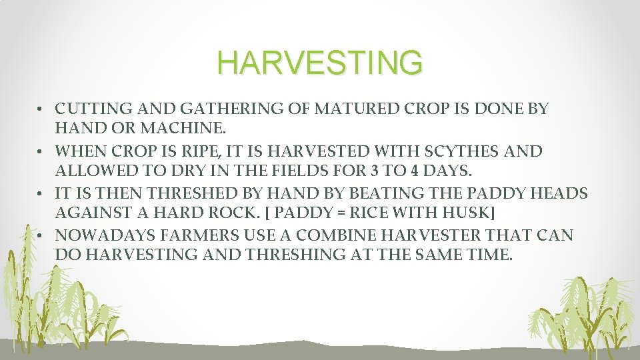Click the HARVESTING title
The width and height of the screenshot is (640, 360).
click(x=320, y=63)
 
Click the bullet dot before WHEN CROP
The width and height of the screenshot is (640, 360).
click(x=41, y=152)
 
